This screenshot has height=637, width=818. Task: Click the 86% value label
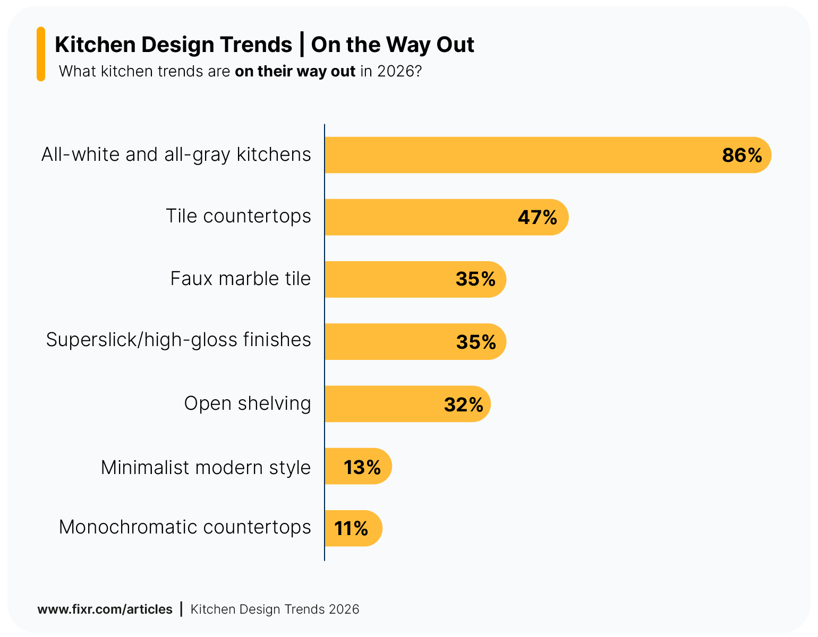tap(742, 155)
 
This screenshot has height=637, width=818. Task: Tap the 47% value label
tap(537, 217)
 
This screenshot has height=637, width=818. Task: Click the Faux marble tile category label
tap(240, 279)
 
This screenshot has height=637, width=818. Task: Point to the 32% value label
tap(463, 404)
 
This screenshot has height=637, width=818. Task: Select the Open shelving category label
tap(247, 403)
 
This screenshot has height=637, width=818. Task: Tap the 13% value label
tap(362, 467)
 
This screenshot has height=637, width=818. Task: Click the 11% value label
tap(351, 529)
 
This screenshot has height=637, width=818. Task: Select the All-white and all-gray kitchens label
tap(176, 154)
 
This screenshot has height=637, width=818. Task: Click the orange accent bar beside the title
tap(41, 54)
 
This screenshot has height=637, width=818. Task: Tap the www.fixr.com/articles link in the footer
tap(105, 609)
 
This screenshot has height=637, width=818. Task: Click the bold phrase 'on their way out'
tap(295, 71)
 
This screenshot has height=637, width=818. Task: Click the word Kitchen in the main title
tap(96, 45)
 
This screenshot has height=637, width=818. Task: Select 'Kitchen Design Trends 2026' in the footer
tap(275, 609)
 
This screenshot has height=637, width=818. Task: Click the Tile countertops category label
tap(238, 216)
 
